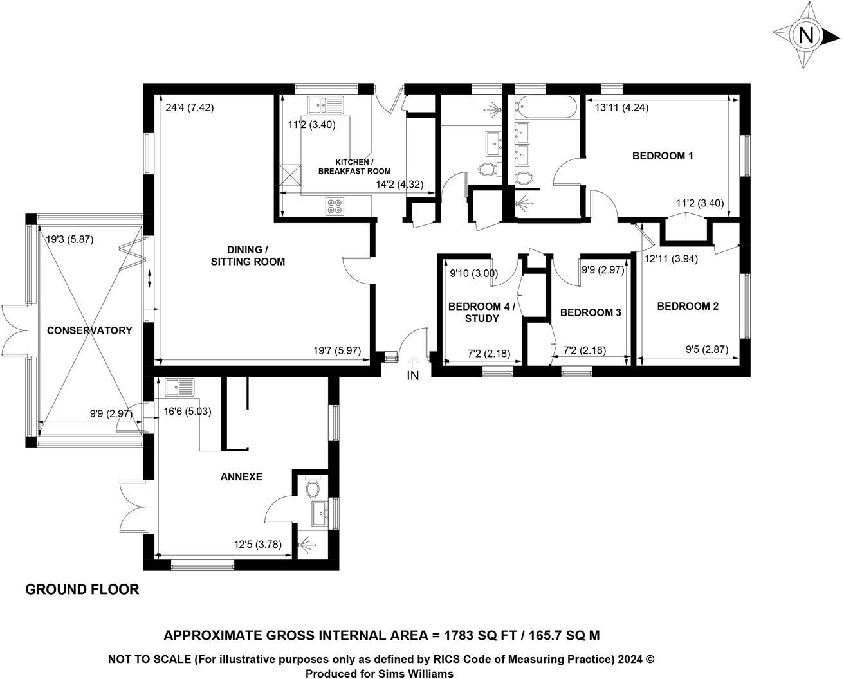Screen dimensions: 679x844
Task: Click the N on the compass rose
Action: tap(805, 35)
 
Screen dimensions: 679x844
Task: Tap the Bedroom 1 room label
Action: tap(663, 156)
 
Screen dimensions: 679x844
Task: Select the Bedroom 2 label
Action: tap(687, 306)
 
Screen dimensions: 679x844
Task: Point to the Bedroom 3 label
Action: tap(590, 312)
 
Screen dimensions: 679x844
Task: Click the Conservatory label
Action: tap(89, 330)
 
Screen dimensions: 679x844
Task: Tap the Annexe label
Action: tap(241, 476)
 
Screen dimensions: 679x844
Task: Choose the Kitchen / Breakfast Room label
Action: tap(354, 167)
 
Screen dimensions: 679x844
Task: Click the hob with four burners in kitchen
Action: tap(335, 206)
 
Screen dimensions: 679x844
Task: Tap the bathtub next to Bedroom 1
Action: tap(546, 107)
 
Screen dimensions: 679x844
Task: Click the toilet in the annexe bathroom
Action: tap(313, 488)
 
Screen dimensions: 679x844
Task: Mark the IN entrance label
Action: tap(412, 376)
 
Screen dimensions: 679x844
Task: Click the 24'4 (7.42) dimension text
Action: tap(189, 108)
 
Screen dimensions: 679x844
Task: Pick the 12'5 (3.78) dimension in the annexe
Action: tap(257, 545)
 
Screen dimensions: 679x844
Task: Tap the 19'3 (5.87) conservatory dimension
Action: tap(70, 239)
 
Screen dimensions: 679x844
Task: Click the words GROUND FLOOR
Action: tap(82, 589)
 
